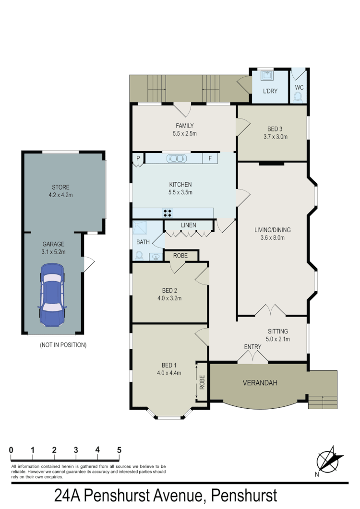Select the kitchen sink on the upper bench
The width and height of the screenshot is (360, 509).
click(x=176, y=158)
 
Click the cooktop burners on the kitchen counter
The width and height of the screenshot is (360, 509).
click(x=168, y=213)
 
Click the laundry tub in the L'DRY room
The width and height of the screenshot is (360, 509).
click(x=266, y=75)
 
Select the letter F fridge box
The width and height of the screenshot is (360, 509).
click(x=210, y=158)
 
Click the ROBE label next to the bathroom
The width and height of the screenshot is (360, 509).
click(x=181, y=256)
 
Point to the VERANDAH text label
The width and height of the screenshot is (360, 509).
click(x=261, y=383)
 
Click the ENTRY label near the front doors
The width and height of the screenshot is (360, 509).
click(x=252, y=347)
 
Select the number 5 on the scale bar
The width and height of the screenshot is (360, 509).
click(x=119, y=450)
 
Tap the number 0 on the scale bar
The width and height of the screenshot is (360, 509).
click(x=11, y=450)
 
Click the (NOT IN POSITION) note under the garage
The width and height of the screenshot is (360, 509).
click(x=63, y=344)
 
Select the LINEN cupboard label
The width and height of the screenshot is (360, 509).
click(x=188, y=225)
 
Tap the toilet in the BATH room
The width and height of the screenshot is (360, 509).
click(x=139, y=256)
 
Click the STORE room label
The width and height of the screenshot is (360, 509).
click(x=61, y=188)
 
